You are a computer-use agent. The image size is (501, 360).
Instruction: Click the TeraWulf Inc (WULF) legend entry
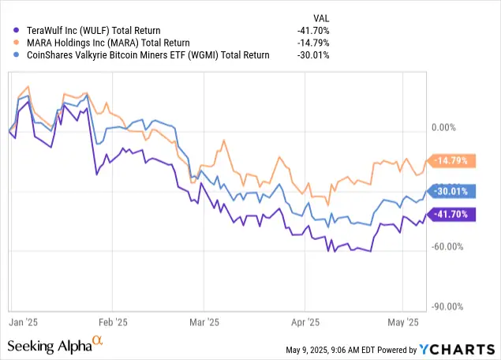[x=90, y=31]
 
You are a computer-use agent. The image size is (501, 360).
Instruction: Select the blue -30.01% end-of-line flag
[x=452, y=190]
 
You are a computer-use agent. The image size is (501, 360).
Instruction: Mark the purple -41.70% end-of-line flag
[x=452, y=214]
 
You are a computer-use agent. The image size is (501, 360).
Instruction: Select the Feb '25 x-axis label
[x=112, y=322]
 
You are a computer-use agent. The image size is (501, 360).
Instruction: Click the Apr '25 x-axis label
[x=305, y=322]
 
